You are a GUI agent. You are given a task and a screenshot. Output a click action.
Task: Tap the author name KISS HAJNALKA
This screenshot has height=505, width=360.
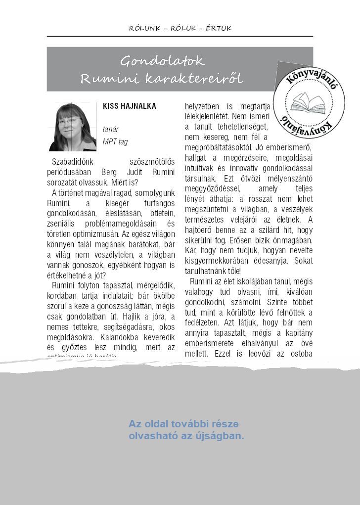[x=129, y=106]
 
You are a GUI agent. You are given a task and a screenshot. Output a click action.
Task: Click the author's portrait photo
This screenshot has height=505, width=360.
[x=72, y=127]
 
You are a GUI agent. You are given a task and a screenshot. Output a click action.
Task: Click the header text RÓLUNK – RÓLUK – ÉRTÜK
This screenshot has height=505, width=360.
[x=180, y=28]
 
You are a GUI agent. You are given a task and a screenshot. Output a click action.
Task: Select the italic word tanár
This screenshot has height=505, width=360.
[x=110, y=129]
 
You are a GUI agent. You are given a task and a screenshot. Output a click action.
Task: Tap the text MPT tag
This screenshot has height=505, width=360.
[x=115, y=142]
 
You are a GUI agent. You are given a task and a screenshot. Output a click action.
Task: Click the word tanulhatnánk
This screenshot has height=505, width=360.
[x=206, y=271]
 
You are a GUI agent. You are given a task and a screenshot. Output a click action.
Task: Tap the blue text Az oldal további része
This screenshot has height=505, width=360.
[x=183, y=424]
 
